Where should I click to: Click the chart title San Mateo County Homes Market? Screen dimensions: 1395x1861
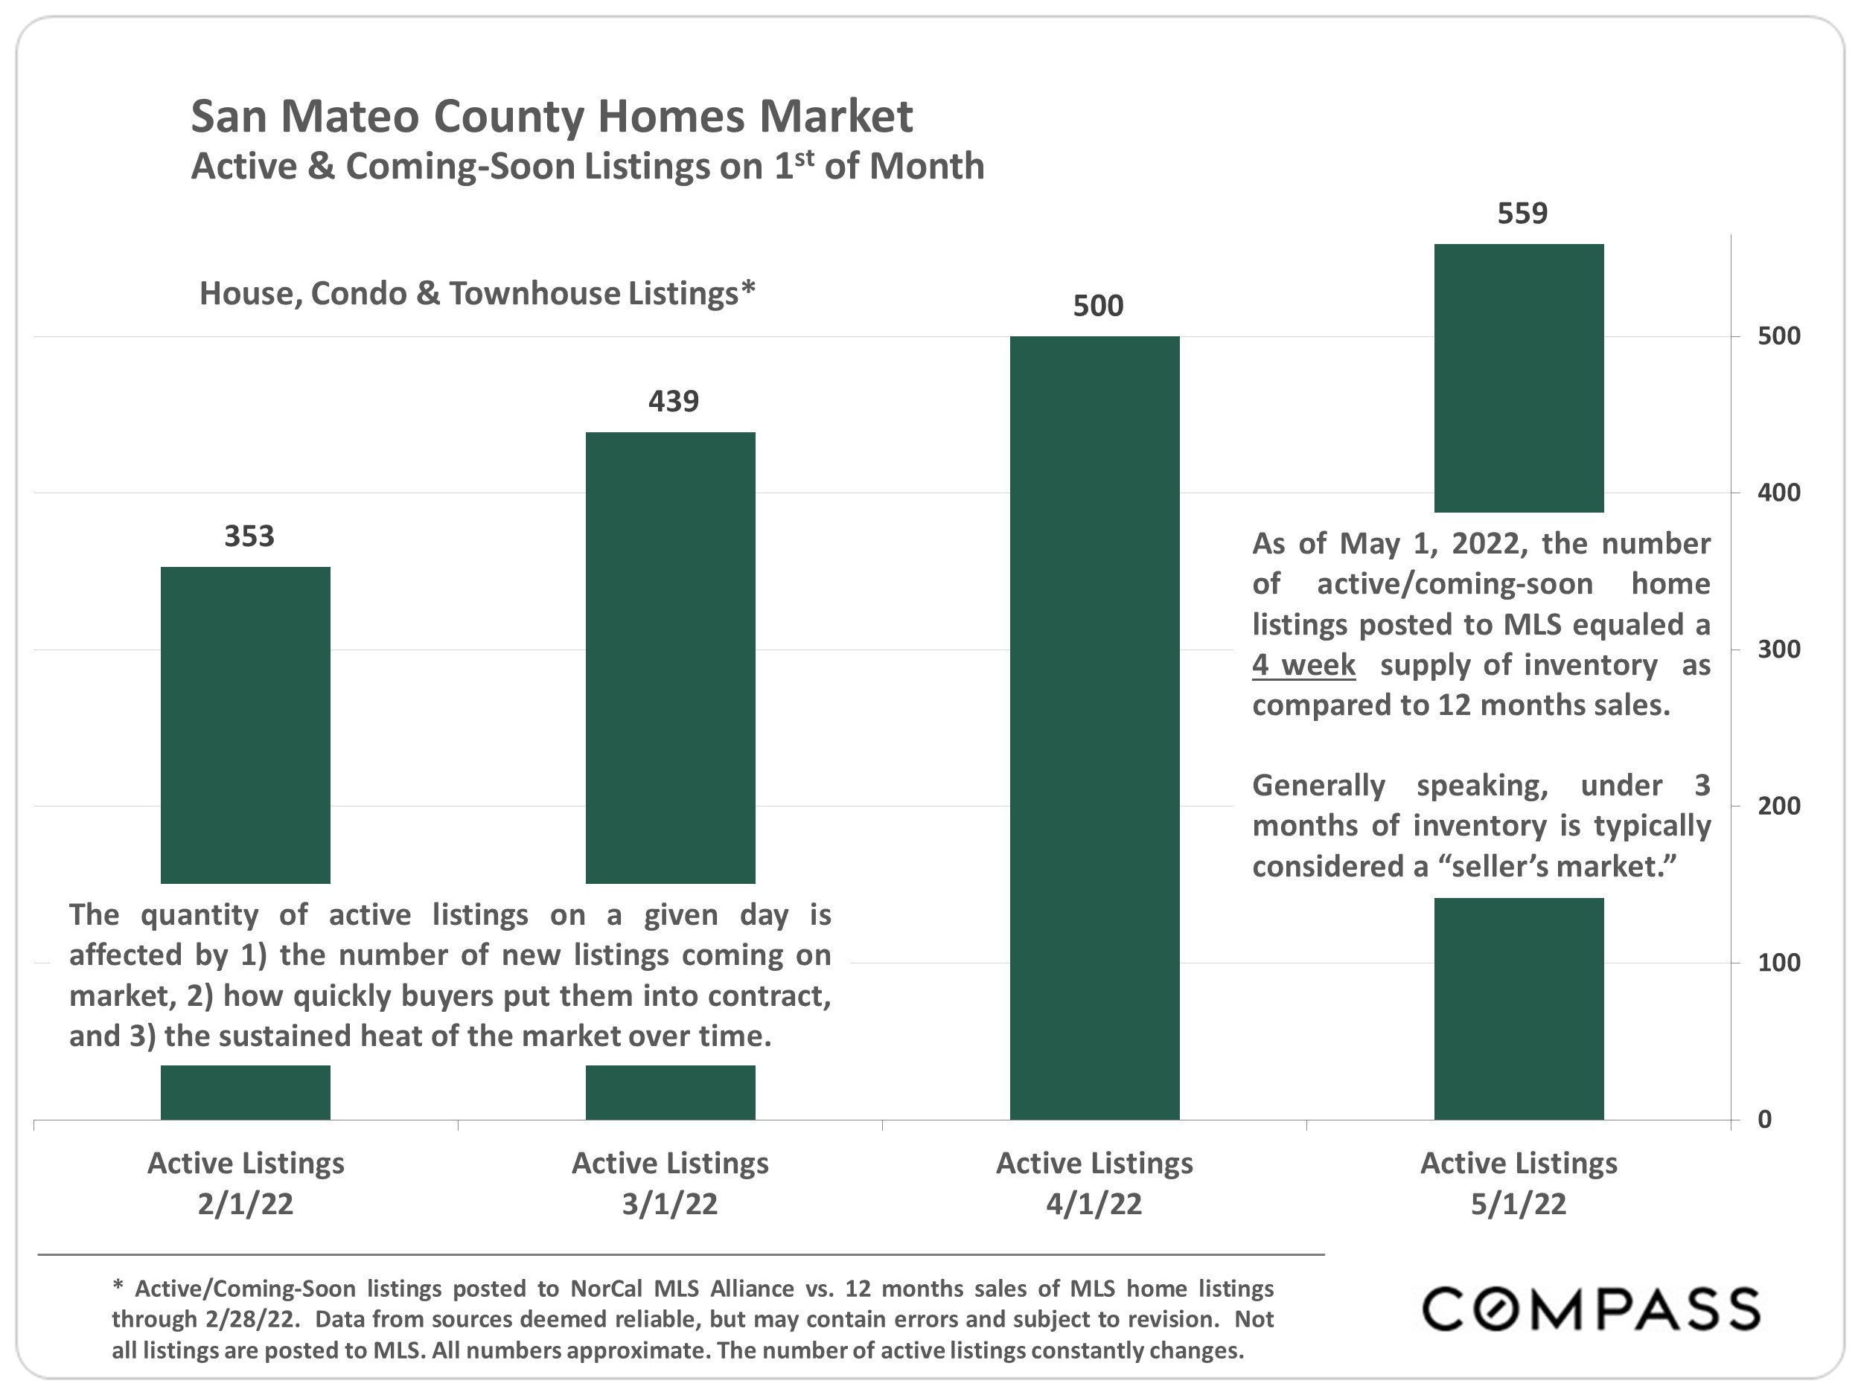(x=551, y=116)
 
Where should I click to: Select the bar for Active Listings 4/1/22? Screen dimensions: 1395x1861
(x=1094, y=728)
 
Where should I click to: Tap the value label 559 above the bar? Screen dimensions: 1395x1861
(x=1522, y=214)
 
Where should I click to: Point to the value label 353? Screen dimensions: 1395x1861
(x=249, y=536)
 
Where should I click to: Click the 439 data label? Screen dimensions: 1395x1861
(x=673, y=401)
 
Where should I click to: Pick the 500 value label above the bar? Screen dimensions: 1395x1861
(x=1098, y=306)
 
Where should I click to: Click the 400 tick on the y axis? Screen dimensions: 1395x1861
(x=1778, y=493)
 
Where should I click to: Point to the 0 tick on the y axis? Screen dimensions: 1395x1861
(x=1764, y=1120)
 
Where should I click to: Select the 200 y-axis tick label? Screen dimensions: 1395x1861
(x=1778, y=806)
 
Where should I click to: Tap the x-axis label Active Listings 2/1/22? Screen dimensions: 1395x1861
(x=246, y=1183)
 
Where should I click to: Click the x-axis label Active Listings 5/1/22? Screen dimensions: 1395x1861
(x=1519, y=1183)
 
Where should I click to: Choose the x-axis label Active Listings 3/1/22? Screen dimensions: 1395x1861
(x=670, y=1183)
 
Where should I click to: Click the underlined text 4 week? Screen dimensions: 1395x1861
(x=1303, y=665)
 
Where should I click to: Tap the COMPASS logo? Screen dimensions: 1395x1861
(x=1590, y=1309)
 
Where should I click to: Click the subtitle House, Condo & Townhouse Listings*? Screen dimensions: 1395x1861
(x=477, y=293)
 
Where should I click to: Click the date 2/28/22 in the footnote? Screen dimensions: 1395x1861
(x=252, y=1319)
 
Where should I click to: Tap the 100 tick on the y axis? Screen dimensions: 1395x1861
(x=1778, y=963)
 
